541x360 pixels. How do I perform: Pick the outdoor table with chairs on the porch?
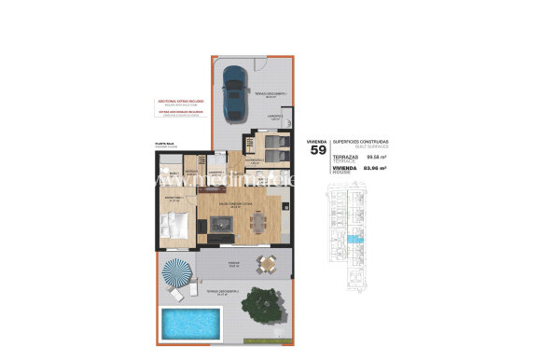(268, 264)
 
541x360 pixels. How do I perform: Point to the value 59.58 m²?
(375, 159)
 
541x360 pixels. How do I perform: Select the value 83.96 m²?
(375, 171)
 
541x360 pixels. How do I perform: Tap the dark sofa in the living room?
(221, 240)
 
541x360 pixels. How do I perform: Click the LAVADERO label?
(274, 116)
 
